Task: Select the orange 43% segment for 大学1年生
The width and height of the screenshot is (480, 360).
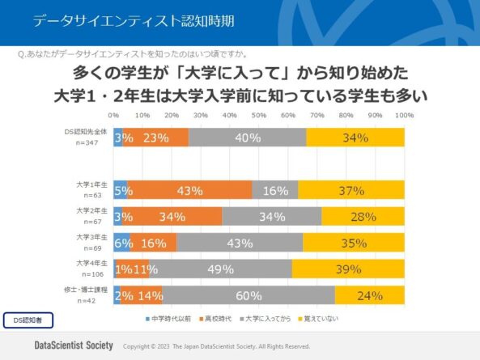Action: click(x=189, y=190)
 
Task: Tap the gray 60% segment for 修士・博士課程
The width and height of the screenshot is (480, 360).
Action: click(x=248, y=295)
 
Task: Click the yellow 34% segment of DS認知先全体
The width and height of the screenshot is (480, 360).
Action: click(x=355, y=138)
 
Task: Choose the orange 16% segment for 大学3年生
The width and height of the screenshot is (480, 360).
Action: click(x=153, y=243)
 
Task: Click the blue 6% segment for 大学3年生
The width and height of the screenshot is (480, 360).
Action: click(x=121, y=243)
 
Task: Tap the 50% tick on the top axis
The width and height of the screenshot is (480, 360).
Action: click(x=259, y=116)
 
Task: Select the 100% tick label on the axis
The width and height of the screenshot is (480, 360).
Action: click(x=404, y=116)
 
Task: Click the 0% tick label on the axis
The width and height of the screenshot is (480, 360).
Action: click(x=114, y=116)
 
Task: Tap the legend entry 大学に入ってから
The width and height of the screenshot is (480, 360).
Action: click(x=266, y=319)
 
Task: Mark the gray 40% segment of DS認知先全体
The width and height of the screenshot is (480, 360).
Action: click(x=248, y=138)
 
